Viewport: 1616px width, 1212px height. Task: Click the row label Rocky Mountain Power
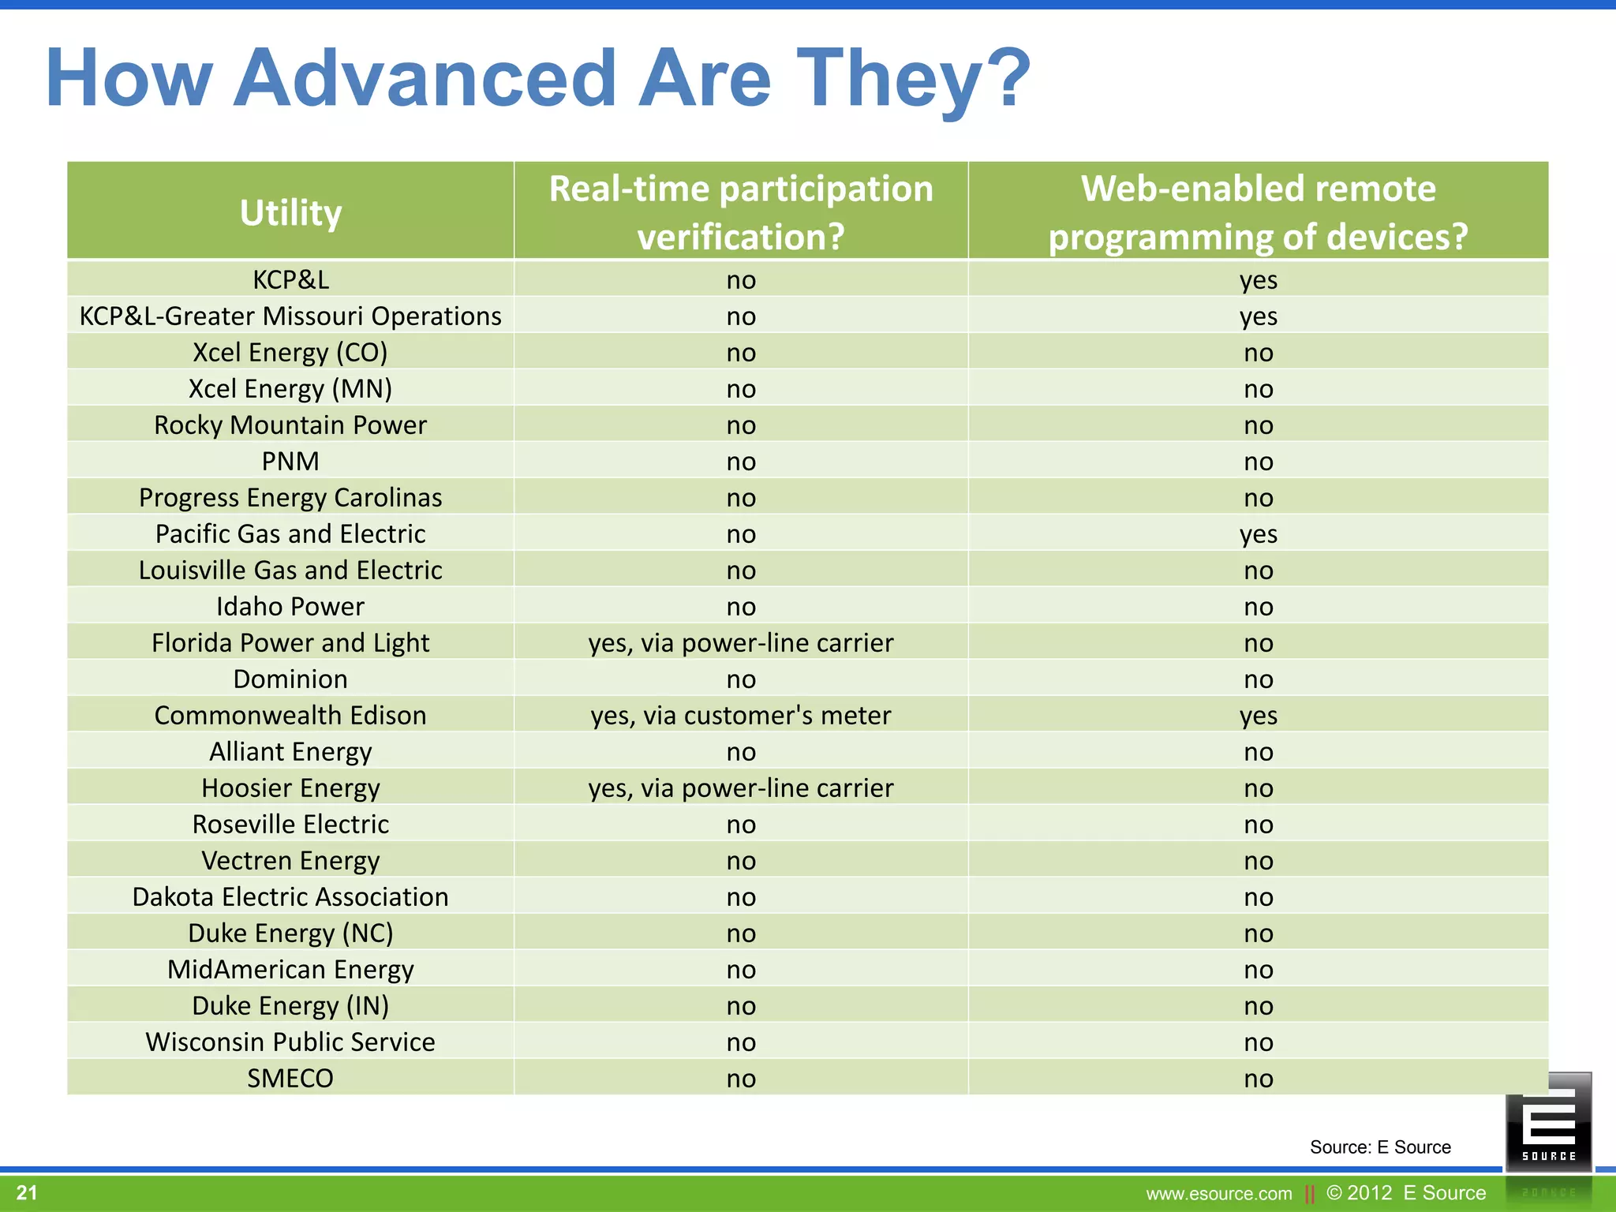[290, 425]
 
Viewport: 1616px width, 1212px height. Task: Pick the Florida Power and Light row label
[290, 643]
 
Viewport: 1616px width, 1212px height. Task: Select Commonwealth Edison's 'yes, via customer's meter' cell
[741, 716]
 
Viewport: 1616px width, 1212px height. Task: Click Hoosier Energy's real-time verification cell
[741, 788]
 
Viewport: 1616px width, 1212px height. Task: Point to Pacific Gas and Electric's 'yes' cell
[1258, 534]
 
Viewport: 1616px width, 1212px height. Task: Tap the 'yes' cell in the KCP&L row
[1258, 280]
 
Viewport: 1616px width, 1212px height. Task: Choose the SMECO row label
[290, 1079]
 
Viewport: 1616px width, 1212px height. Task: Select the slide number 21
[27, 1192]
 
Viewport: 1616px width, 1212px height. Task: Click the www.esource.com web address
[1218, 1194]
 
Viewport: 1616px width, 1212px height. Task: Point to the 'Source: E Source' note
[1380, 1147]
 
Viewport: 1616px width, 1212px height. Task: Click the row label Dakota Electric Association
[290, 897]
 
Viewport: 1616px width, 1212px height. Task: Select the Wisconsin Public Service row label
[290, 1042]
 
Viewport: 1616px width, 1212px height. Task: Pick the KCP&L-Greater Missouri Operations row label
[290, 316]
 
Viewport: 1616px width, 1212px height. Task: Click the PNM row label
[290, 462]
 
